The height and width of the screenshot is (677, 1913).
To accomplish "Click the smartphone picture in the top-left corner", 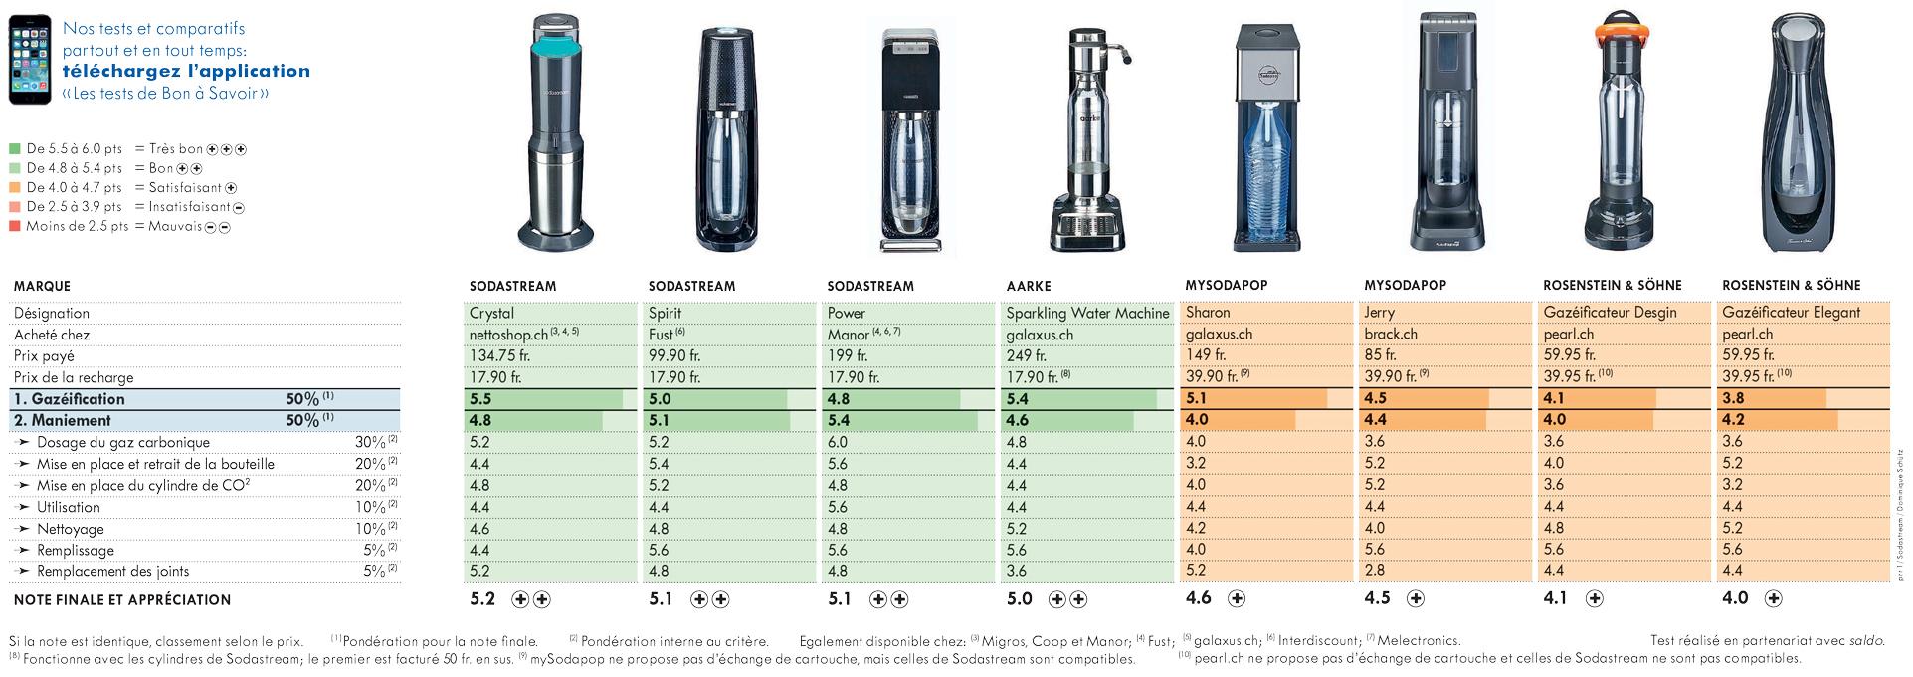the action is click(30, 60).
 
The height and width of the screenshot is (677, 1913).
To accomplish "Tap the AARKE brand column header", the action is click(1029, 286).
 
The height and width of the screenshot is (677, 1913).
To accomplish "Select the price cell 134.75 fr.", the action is click(499, 355).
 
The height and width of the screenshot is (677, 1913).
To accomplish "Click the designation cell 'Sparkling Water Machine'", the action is click(1087, 313).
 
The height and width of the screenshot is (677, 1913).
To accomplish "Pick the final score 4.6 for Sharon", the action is click(1198, 598).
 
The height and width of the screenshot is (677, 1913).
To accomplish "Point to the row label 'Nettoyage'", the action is click(71, 529).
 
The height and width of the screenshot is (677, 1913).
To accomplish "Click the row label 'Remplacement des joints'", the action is click(112, 571).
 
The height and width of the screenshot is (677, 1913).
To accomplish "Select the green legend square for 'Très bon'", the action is click(15, 149).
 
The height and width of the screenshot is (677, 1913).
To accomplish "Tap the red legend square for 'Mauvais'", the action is click(15, 226).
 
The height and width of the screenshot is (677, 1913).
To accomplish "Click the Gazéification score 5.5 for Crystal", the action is click(480, 399).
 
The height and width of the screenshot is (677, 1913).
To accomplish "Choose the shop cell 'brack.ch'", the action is click(1391, 335).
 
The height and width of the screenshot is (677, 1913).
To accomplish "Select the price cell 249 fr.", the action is click(1026, 355).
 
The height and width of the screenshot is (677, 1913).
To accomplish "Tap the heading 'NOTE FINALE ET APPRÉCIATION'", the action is click(122, 600).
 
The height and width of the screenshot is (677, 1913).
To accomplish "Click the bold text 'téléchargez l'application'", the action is click(186, 71).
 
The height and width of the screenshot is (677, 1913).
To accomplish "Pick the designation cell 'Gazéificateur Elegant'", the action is click(1791, 313).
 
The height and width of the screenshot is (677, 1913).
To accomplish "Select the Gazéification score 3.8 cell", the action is click(1733, 398).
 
